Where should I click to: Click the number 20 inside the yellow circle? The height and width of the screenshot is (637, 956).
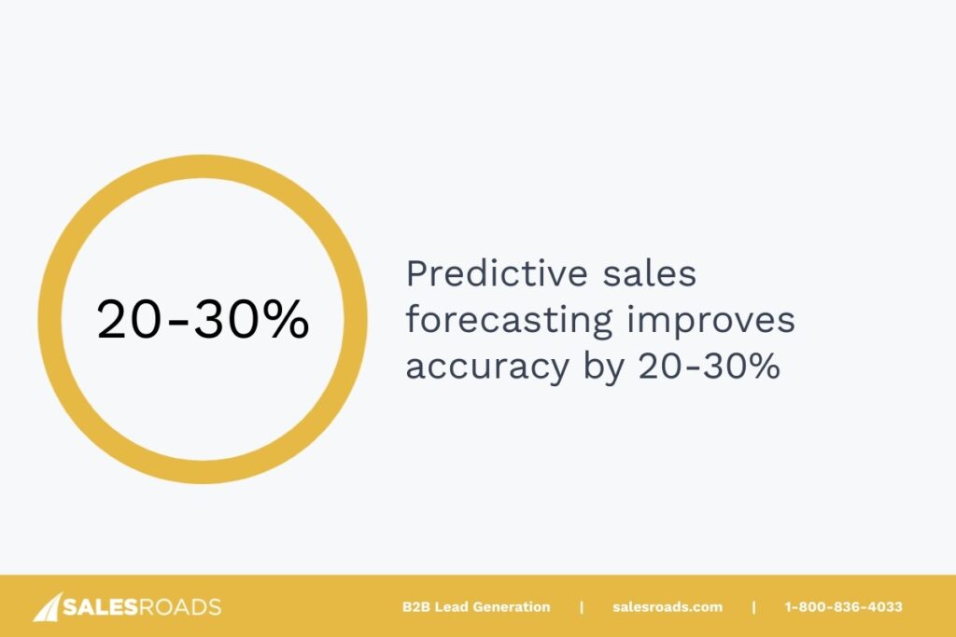(x=132, y=320)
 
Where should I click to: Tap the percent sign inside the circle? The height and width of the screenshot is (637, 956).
(x=284, y=320)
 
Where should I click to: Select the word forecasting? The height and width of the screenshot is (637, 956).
(x=509, y=320)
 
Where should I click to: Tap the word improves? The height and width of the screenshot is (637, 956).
(x=711, y=320)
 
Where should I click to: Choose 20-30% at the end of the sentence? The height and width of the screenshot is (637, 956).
(x=709, y=366)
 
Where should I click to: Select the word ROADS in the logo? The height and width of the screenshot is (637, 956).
(x=180, y=608)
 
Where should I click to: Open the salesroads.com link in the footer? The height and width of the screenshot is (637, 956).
(x=668, y=607)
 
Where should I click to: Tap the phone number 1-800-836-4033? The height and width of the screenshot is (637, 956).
(x=843, y=607)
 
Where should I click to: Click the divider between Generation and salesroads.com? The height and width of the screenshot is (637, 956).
(x=582, y=607)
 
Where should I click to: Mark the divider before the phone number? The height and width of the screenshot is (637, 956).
(x=753, y=607)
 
